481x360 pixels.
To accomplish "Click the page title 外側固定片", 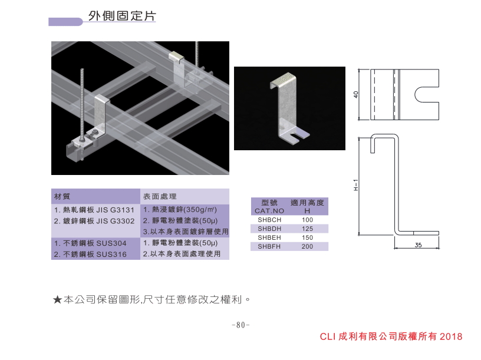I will (122, 16).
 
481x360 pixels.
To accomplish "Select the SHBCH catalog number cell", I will (269, 219).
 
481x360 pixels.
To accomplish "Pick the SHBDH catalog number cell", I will (269, 229).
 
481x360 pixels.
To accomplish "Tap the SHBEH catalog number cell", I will (269, 237).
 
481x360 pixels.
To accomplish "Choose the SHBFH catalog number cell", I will (269, 247).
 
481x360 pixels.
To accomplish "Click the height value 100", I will (307, 219).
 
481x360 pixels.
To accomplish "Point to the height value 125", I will (307, 229).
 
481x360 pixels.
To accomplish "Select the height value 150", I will (307, 237).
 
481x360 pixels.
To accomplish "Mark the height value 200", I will (307, 247).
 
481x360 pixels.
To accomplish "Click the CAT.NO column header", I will (269, 210).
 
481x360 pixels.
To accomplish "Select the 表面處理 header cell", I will (160, 196).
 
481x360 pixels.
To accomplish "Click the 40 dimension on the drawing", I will (357, 94).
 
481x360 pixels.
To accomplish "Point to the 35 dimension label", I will (419, 245).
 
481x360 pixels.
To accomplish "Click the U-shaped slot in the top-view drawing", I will (426, 94).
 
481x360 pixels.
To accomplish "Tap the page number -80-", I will (240, 325).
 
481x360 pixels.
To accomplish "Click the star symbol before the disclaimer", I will (57, 300).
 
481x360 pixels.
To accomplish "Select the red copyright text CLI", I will (327, 337).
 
